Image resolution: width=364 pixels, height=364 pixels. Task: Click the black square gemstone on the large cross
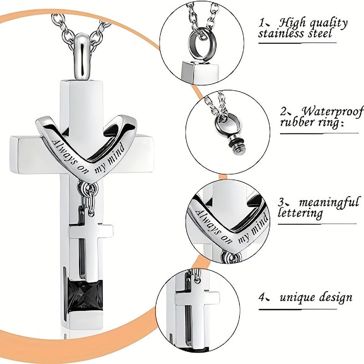pyautogui.click(x=86, y=293)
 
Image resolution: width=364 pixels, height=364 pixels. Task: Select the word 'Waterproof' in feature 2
pyautogui.click(x=333, y=112)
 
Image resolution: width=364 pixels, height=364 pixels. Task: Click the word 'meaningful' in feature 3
pyautogui.click(x=329, y=202)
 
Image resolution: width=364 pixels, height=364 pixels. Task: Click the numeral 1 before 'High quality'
pyautogui.click(x=262, y=23)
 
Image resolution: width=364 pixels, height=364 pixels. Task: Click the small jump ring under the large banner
pyautogui.click(x=88, y=186)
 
